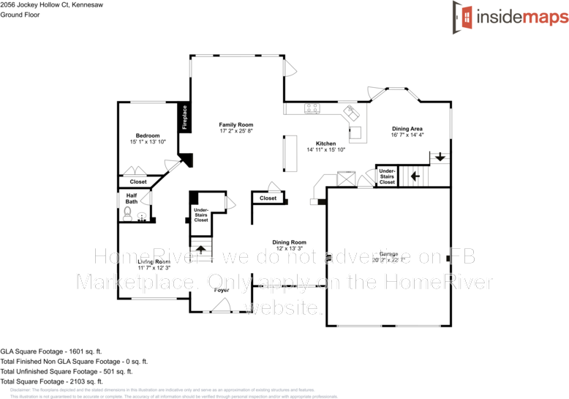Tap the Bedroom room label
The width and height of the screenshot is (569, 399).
tap(148, 135)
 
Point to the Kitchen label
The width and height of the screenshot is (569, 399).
tap(325, 143)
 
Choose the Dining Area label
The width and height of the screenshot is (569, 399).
tap(407, 129)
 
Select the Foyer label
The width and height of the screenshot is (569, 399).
tap(221, 290)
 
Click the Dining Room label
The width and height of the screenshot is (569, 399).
tap(289, 242)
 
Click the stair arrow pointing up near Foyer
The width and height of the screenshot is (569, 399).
tap(196, 249)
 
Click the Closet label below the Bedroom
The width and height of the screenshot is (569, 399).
tap(138, 182)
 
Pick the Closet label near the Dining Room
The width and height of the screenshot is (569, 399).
tap(268, 198)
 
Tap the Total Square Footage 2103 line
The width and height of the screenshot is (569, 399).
tap(52, 381)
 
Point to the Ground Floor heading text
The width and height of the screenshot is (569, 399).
tap(19, 14)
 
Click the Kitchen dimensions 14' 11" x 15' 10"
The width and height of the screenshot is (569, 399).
tap(325, 149)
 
